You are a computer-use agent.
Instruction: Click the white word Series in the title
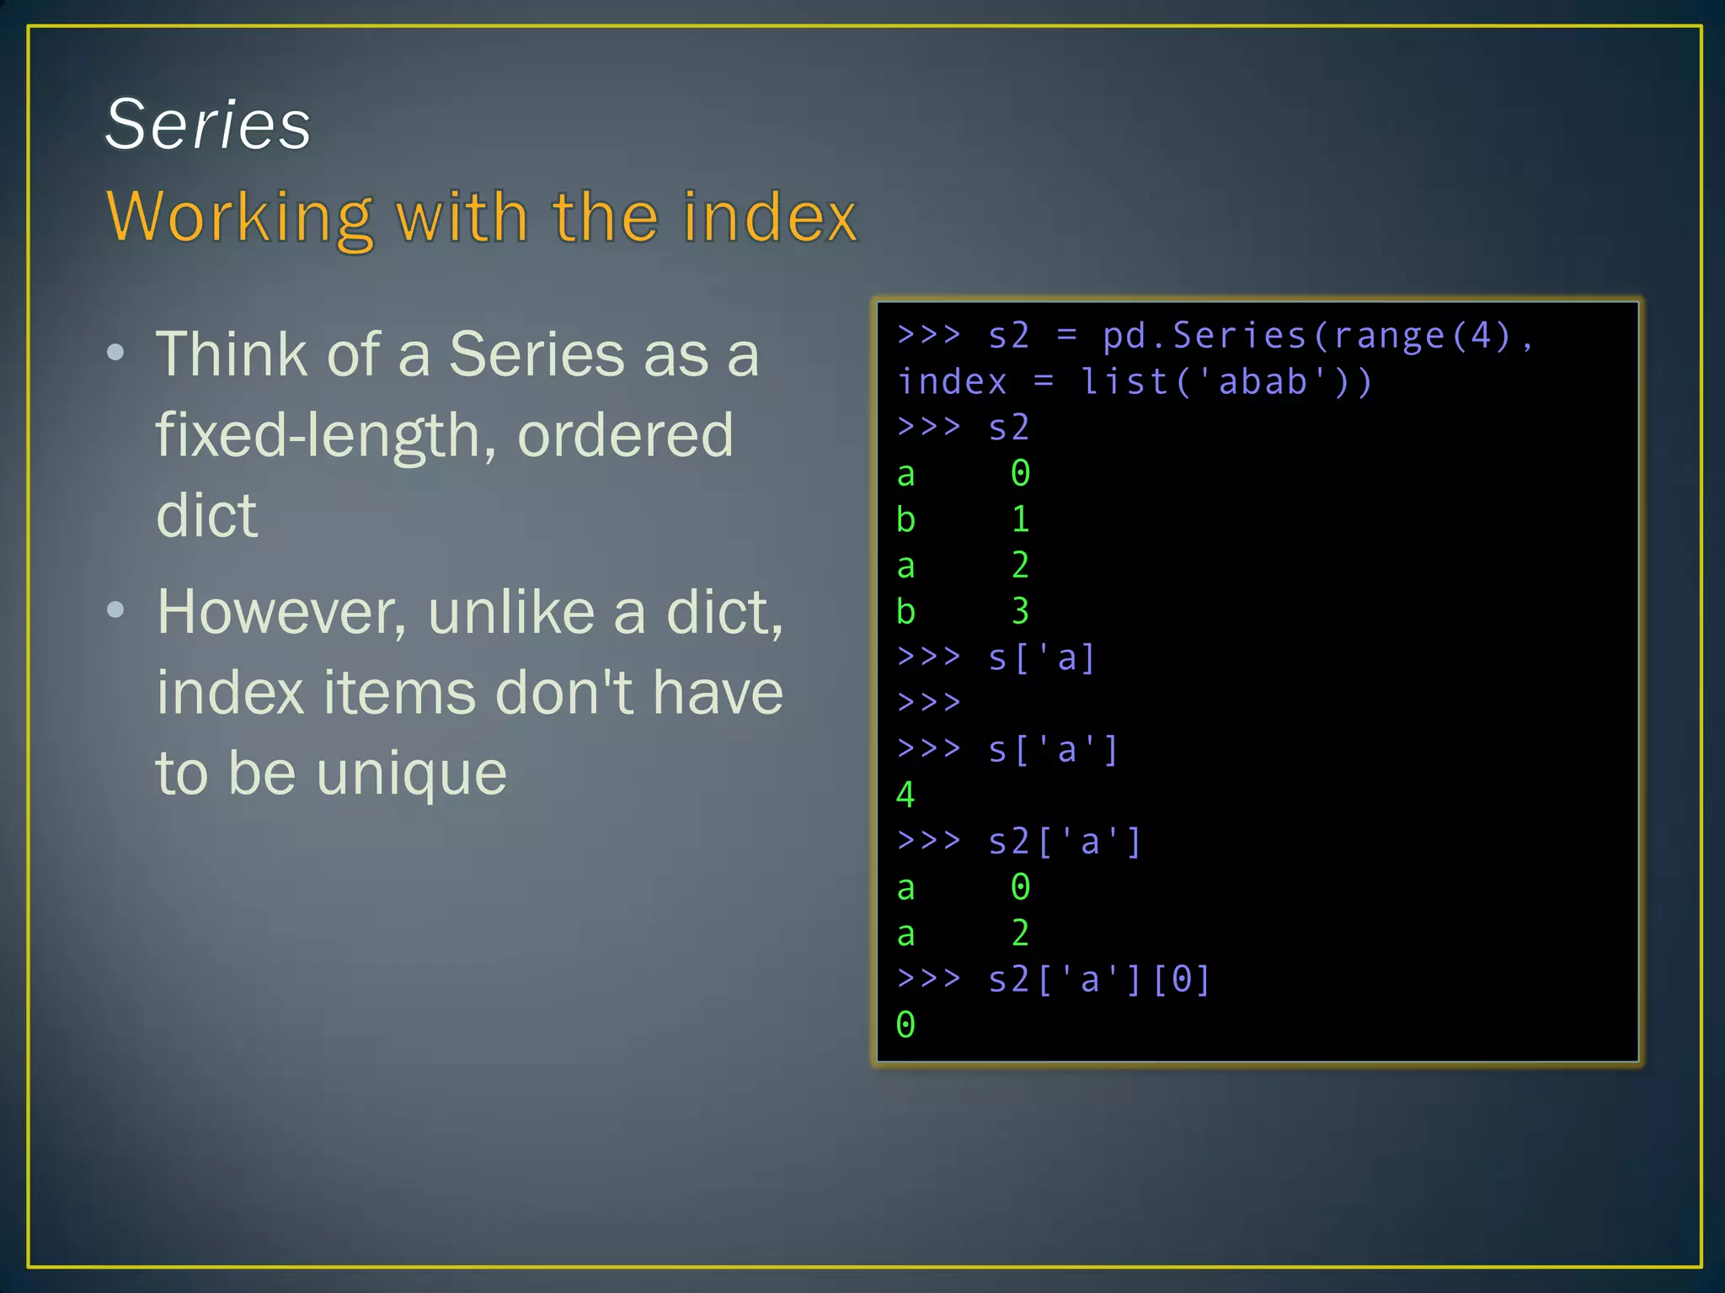click(208, 125)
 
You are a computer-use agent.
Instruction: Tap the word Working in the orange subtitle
click(239, 217)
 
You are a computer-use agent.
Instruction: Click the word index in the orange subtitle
click(769, 217)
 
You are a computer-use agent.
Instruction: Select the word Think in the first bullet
click(232, 354)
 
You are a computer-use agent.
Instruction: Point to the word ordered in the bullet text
click(625, 436)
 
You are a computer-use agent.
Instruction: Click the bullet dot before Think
click(116, 353)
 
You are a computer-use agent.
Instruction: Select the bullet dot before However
click(116, 609)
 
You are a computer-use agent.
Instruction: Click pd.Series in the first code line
click(1204, 336)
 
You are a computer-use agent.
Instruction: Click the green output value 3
click(1020, 611)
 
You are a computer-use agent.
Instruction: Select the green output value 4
click(905, 795)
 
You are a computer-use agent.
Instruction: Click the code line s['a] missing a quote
click(1041, 657)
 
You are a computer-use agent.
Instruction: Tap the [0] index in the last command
click(1181, 979)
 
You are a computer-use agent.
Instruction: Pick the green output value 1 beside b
click(1020, 519)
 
